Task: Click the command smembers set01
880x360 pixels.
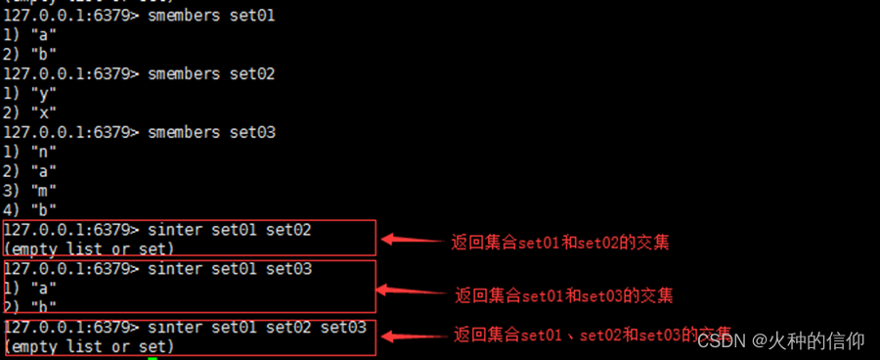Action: click(x=209, y=15)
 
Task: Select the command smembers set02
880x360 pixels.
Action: click(x=209, y=73)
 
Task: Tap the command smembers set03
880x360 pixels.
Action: click(x=209, y=131)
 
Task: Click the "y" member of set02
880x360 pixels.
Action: click(x=44, y=93)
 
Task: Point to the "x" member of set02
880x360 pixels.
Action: click(x=44, y=112)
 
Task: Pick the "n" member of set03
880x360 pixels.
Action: click(x=44, y=151)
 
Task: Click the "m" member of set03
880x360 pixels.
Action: click(x=44, y=189)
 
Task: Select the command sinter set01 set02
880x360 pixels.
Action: click(x=229, y=229)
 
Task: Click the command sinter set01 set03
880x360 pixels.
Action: click(x=229, y=268)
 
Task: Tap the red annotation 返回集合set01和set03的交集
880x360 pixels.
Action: click(x=563, y=294)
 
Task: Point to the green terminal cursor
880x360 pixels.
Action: click(x=153, y=358)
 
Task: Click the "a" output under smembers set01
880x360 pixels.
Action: click(x=44, y=34)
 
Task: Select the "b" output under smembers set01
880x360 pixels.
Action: click(x=44, y=54)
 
